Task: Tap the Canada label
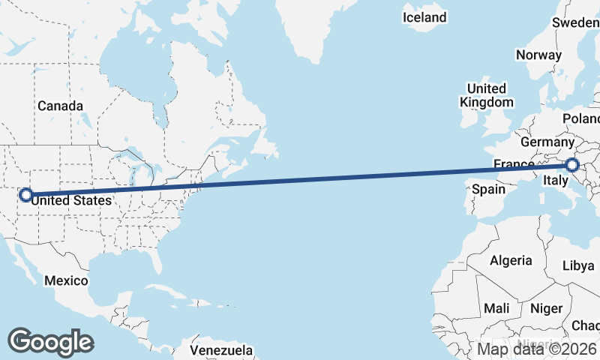(60, 106)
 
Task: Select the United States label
(73, 201)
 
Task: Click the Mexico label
(66, 280)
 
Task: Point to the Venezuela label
(220, 350)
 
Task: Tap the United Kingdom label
(487, 95)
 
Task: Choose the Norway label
(538, 55)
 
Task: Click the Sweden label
(575, 22)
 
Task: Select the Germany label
(547, 142)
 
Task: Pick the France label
(513, 164)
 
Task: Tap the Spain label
(488, 189)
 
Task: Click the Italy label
(555, 181)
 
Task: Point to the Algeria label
(511, 261)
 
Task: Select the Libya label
(577, 266)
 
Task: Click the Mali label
(496, 308)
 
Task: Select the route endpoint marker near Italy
(572, 165)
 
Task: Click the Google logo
(50, 342)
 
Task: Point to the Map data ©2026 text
(538, 349)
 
